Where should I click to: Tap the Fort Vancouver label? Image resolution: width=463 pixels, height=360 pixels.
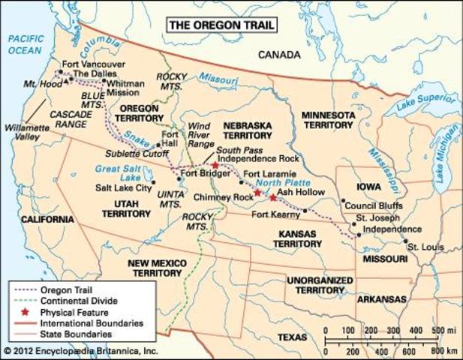(x=91, y=64)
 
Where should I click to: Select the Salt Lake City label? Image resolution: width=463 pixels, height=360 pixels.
(x=120, y=188)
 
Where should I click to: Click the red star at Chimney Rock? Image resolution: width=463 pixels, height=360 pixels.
(x=257, y=193)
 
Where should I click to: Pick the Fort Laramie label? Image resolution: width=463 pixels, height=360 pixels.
(x=268, y=174)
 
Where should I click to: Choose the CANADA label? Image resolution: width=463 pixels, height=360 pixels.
(x=279, y=55)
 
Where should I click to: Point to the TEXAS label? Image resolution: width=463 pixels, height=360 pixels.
(x=293, y=337)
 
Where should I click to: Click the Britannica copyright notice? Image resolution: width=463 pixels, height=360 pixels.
(x=81, y=351)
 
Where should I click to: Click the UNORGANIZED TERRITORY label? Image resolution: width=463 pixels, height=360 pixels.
(x=320, y=285)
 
